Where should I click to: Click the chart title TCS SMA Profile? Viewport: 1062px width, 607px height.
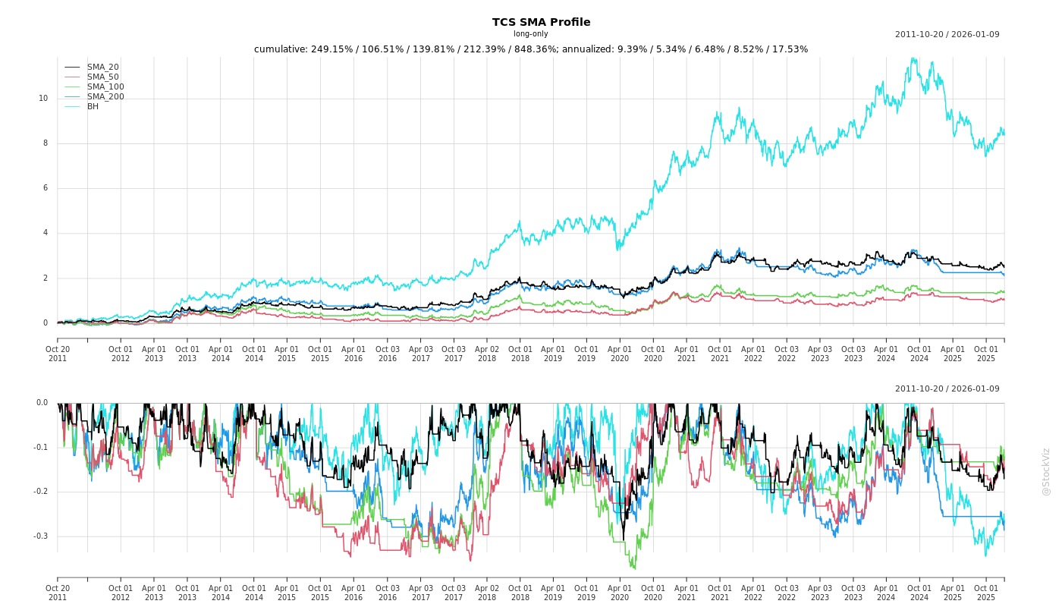[x=541, y=22]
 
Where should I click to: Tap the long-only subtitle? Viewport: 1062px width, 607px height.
[x=530, y=34]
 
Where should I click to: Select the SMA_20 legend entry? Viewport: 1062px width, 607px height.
[x=102, y=68]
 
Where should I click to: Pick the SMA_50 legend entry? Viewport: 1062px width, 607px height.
[x=102, y=77]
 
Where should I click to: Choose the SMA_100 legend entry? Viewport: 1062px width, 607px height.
[x=105, y=87]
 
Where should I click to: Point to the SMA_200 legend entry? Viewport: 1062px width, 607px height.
[x=105, y=97]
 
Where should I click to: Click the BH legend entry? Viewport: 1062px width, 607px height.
[x=93, y=107]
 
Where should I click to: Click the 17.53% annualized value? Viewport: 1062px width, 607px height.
[x=790, y=49]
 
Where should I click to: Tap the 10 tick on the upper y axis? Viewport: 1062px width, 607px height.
[x=43, y=99]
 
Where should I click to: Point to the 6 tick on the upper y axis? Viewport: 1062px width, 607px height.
[x=46, y=188]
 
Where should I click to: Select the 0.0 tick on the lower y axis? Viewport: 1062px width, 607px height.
[x=42, y=403]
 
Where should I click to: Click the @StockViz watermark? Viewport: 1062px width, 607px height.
[x=1046, y=471]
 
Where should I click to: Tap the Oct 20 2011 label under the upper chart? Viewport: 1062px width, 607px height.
[x=58, y=354]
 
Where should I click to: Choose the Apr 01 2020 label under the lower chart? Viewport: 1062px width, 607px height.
[x=620, y=593]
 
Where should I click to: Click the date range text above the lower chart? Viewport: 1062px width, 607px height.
[x=947, y=389]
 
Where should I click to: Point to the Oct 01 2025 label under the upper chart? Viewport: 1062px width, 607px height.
[x=985, y=354]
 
